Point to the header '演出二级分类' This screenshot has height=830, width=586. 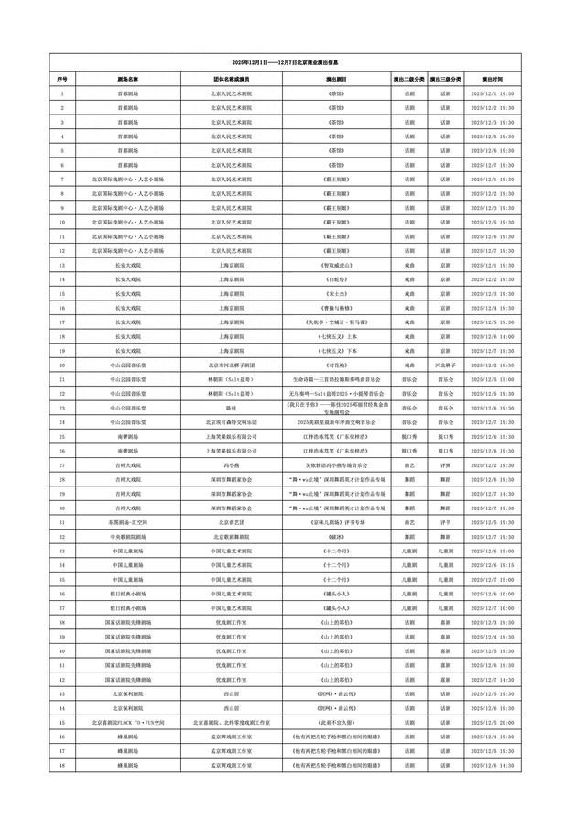point(407,79)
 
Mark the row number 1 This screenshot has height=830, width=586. point(62,93)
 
